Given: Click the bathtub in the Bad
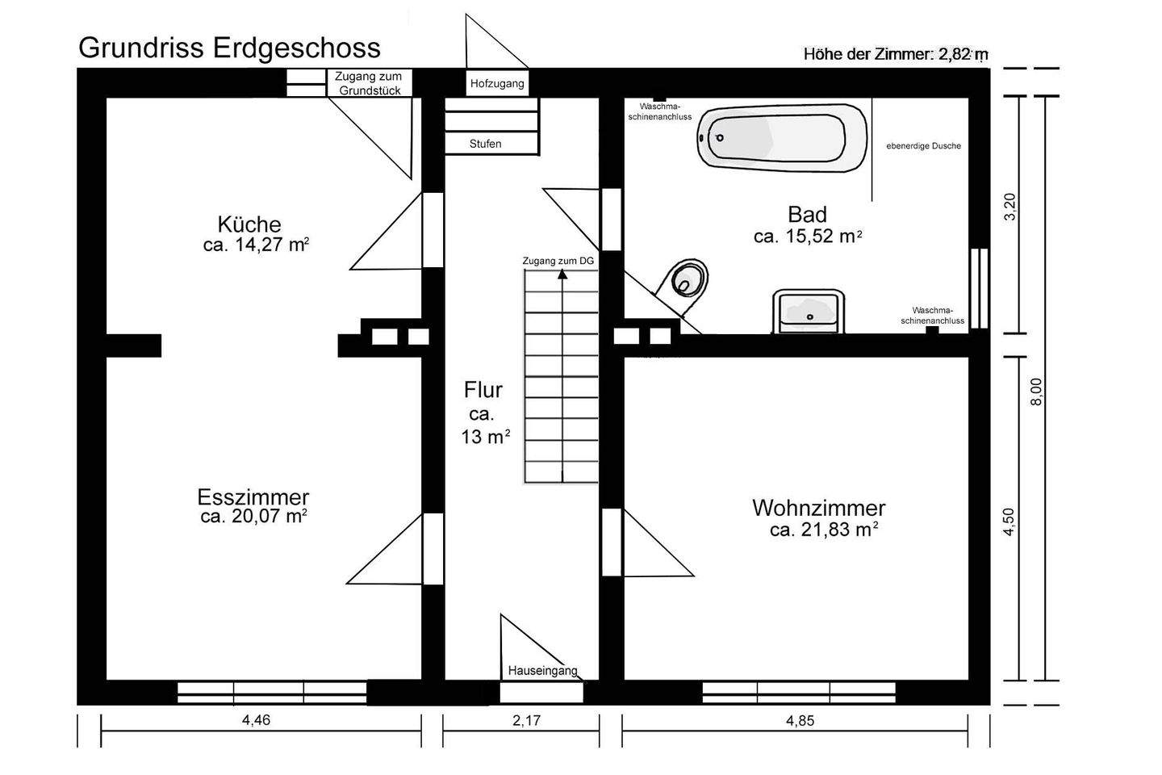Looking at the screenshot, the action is [x=781, y=137].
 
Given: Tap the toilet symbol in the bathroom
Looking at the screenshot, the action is [x=687, y=280].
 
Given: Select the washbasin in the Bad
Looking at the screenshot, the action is [x=809, y=311].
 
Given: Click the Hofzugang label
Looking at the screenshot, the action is [x=497, y=83].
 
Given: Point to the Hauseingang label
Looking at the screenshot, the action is [x=542, y=671].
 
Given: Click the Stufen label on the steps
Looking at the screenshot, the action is [x=485, y=144].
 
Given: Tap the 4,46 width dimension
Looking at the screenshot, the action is [x=256, y=721].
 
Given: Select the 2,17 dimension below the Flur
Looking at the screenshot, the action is [x=526, y=721].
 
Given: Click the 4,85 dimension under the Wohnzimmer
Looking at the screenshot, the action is [x=800, y=721].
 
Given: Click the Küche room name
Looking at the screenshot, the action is [x=249, y=224].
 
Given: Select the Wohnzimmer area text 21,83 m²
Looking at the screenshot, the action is [x=823, y=530].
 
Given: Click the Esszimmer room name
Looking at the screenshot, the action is [x=253, y=496].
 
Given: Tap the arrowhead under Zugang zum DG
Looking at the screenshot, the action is [x=562, y=274].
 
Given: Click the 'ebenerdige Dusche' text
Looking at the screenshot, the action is [x=923, y=146].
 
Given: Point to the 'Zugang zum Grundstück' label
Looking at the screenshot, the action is [x=369, y=83].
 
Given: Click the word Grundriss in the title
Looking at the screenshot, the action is [x=142, y=48].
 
